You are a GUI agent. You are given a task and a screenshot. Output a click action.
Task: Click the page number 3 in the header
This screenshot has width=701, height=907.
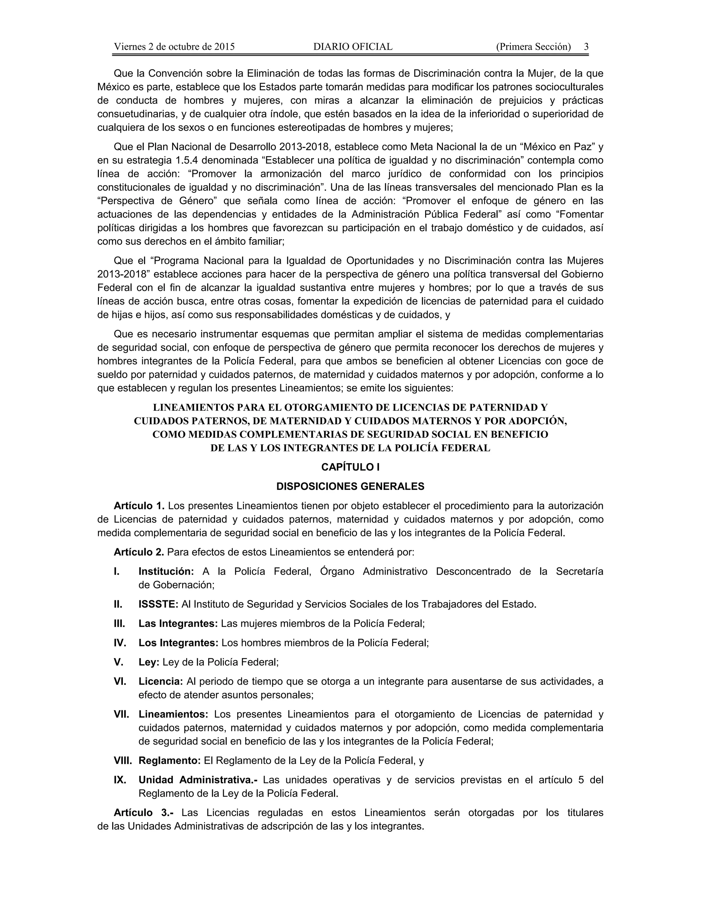coord(586,47)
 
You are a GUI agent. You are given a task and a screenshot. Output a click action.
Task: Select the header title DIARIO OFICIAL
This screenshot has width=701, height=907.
coord(353,47)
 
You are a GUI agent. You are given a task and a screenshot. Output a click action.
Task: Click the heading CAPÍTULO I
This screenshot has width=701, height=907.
coord(350,467)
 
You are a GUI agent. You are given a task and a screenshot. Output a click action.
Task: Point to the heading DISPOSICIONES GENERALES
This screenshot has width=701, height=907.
coord(350,486)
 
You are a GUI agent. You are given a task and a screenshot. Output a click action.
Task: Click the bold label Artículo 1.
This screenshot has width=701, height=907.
coord(139,506)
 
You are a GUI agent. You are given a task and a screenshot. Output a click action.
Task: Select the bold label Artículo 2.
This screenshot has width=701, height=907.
coord(139,552)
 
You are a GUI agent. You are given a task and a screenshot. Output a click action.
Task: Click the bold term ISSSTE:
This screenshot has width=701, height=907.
coord(158,604)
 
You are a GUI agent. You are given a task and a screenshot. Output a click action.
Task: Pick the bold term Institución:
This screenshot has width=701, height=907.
coord(166,572)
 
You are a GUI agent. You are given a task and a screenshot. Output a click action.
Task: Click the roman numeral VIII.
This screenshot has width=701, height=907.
coord(123,761)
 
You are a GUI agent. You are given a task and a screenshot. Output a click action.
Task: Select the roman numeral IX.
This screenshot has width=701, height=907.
coord(120,780)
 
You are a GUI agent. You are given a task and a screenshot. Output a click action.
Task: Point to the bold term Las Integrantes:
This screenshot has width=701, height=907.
coord(178,623)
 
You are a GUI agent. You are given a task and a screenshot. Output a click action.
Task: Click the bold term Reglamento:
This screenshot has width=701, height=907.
coord(169,761)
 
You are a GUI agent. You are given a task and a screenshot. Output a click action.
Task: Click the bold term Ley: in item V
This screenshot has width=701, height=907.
coord(149,662)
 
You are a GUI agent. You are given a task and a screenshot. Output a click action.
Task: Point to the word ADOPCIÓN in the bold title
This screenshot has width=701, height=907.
coord(541,421)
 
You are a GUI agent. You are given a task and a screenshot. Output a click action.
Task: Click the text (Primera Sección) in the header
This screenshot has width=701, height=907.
coord(533,47)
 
